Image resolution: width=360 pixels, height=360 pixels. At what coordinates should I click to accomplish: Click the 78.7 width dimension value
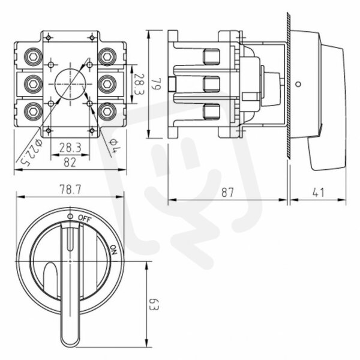70,190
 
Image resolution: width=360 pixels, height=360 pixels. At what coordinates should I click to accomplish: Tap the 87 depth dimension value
227,193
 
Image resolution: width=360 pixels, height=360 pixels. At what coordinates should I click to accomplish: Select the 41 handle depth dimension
319,193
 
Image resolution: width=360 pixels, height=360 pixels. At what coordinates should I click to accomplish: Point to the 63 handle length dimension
154,305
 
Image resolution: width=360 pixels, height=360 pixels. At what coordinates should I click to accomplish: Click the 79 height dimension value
156,84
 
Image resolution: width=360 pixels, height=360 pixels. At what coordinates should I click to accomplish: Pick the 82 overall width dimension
70,163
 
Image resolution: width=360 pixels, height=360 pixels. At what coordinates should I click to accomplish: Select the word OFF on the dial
85,218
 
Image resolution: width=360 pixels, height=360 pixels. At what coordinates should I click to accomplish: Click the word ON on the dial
113,250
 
